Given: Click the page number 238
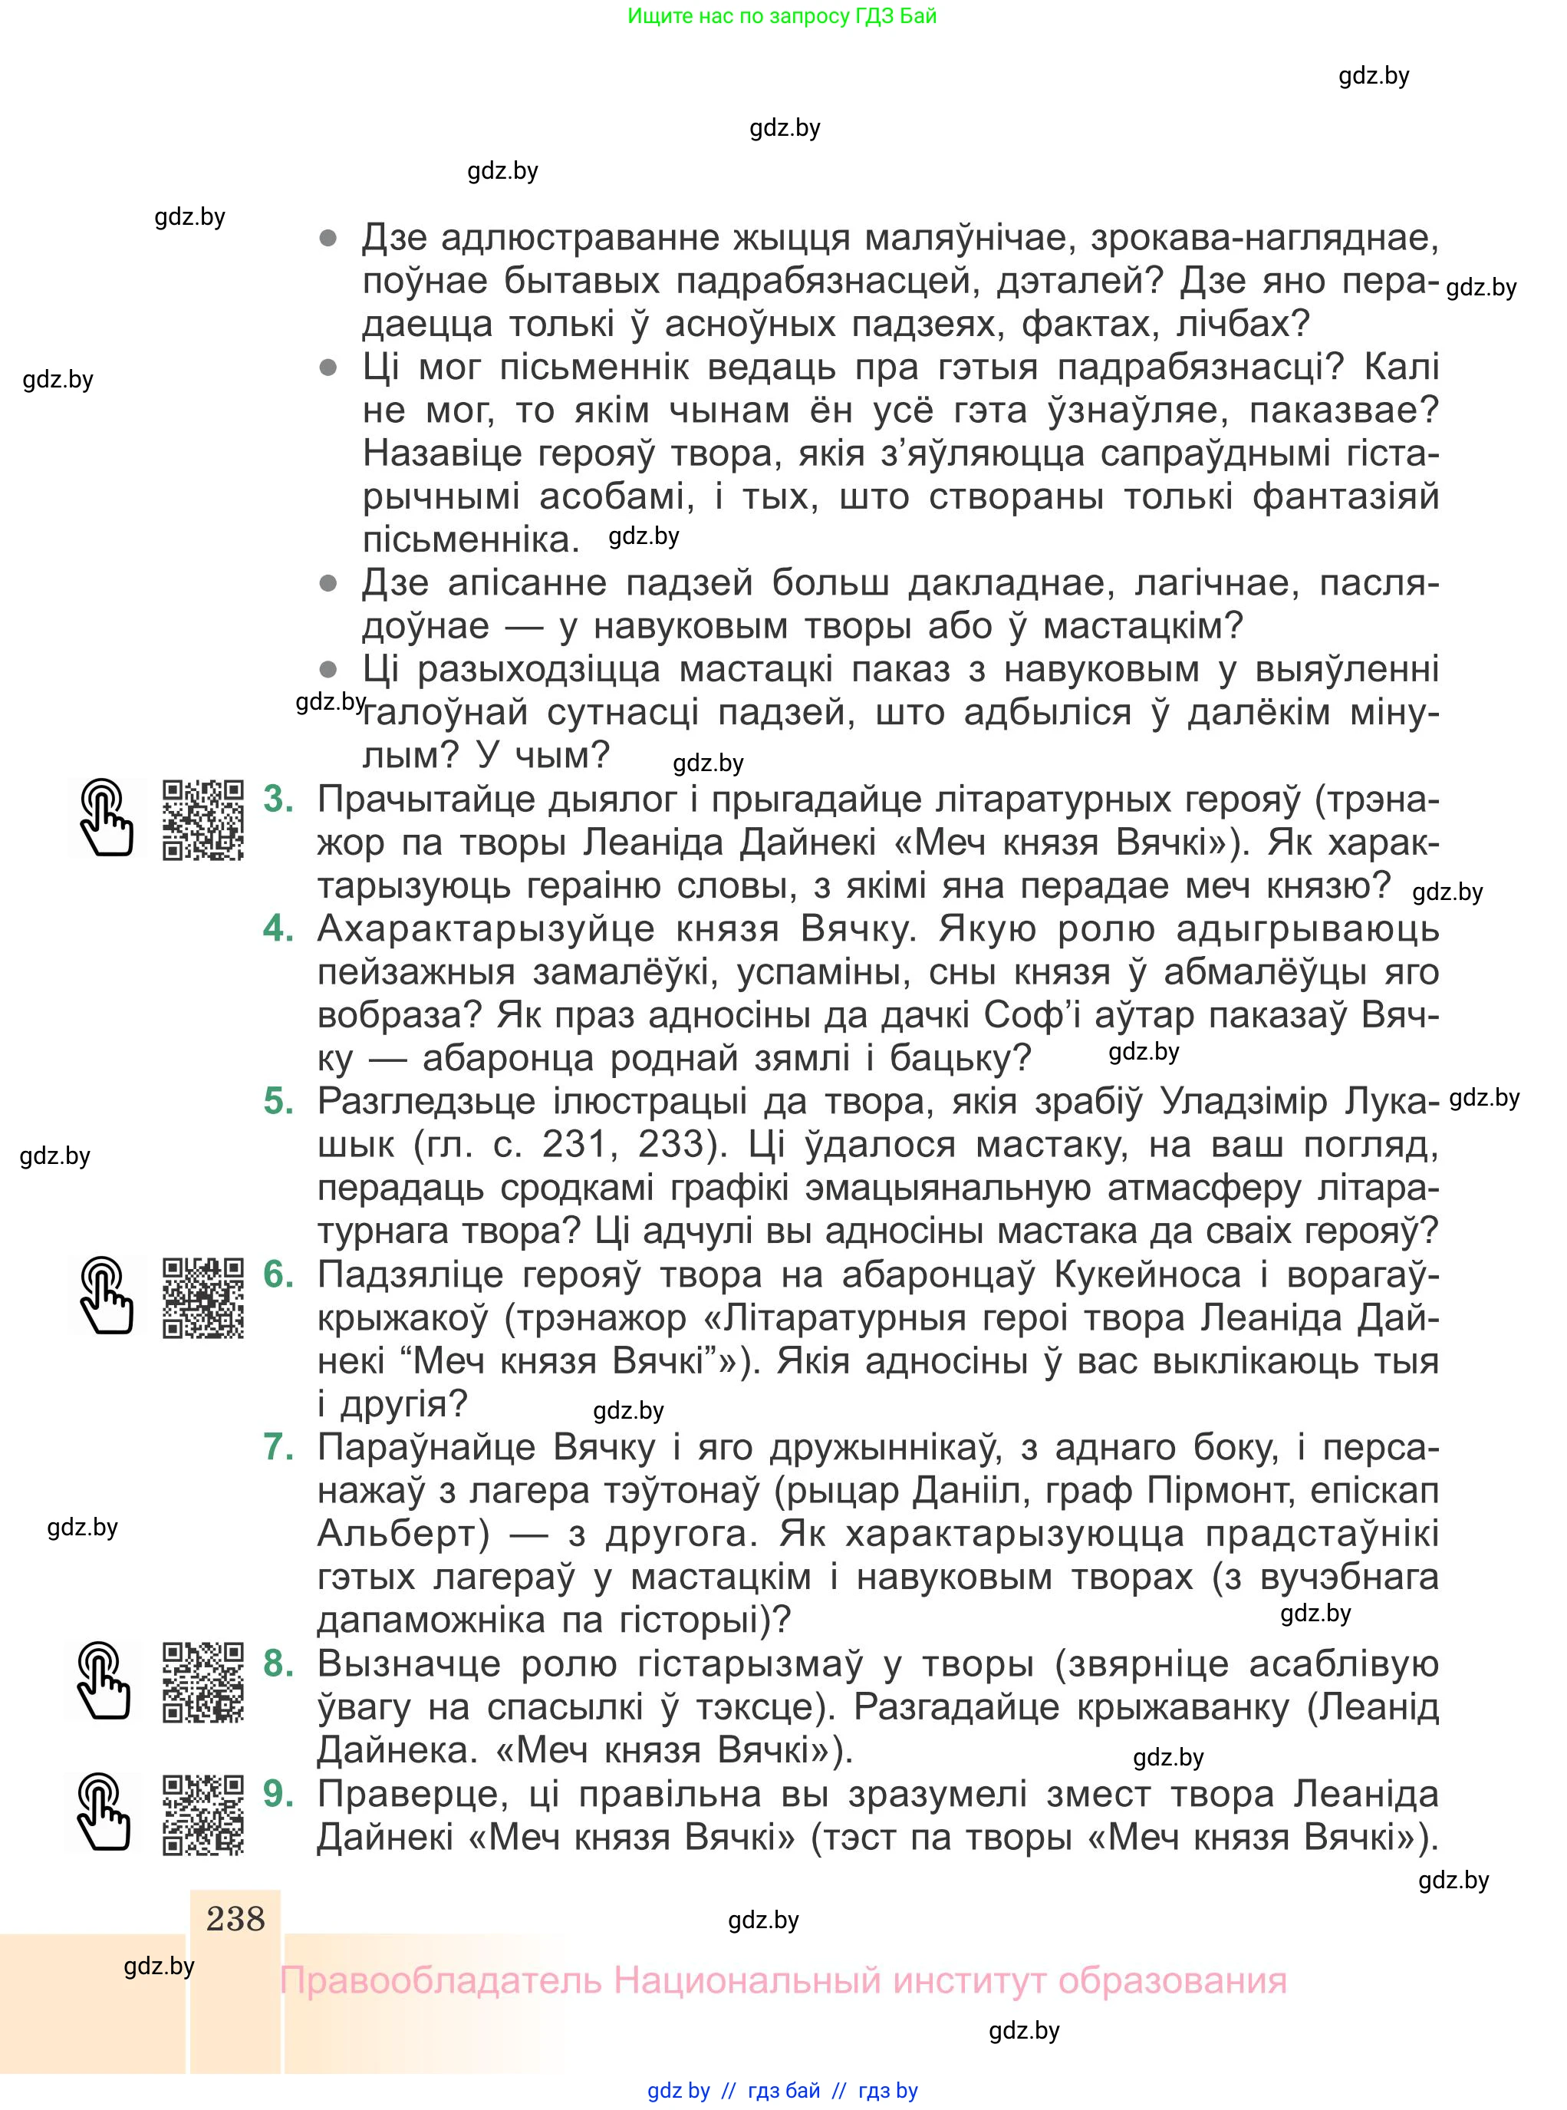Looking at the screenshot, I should pyautogui.click(x=235, y=1918).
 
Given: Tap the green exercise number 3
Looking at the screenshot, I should pyautogui.click(x=278, y=799).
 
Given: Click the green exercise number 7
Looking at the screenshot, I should pyautogui.click(x=278, y=1447).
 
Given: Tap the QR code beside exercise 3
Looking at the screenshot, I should pyautogui.click(x=203, y=819).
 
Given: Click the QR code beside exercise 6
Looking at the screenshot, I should pyautogui.click(x=203, y=1298).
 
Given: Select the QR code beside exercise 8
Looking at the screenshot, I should pyautogui.click(x=203, y=1682).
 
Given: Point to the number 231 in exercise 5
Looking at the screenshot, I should pyautogui.click(x=573, y=1144).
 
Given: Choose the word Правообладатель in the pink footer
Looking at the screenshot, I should pyautogui.click(x=440, y=1981).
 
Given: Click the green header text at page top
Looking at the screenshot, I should pyautogui.click(x=782, y=16).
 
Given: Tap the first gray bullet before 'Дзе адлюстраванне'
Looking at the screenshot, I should pyautogui.click(x=328, y=238).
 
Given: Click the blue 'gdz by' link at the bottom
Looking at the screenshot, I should pyautogui.click(x=678, y=2090).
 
